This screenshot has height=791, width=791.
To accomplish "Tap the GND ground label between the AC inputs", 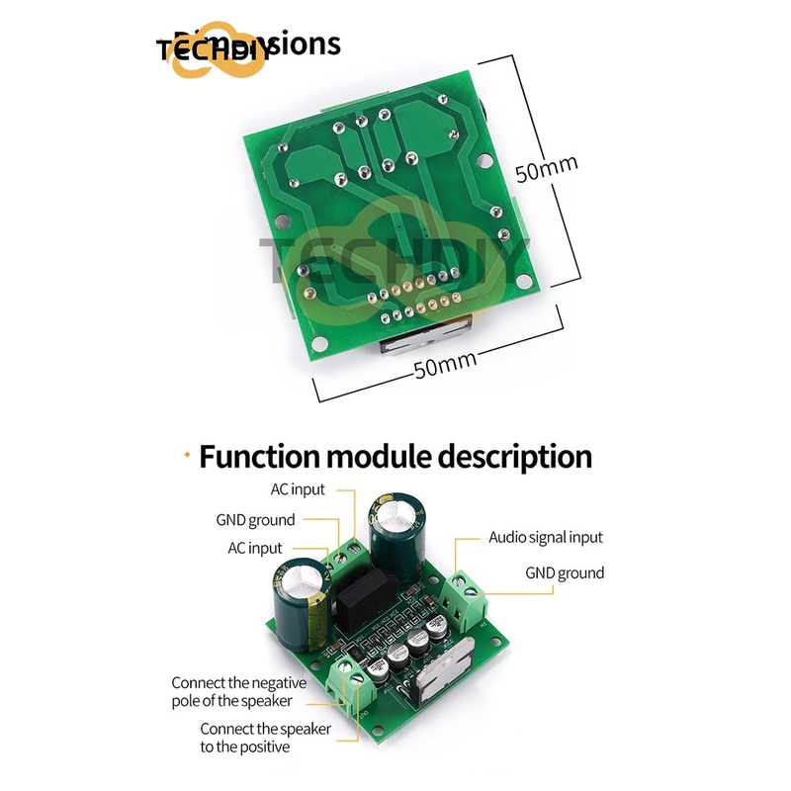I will coord(255,520).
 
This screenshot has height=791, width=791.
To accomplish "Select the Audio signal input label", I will coord(545,538).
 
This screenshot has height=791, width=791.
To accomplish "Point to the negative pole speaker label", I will coord(238,692).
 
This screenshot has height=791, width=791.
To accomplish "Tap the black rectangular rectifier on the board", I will coord(366,591).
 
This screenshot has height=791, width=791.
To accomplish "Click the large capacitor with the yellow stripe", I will coord(301,603).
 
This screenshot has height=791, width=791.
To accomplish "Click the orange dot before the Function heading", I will coord(186,454).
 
